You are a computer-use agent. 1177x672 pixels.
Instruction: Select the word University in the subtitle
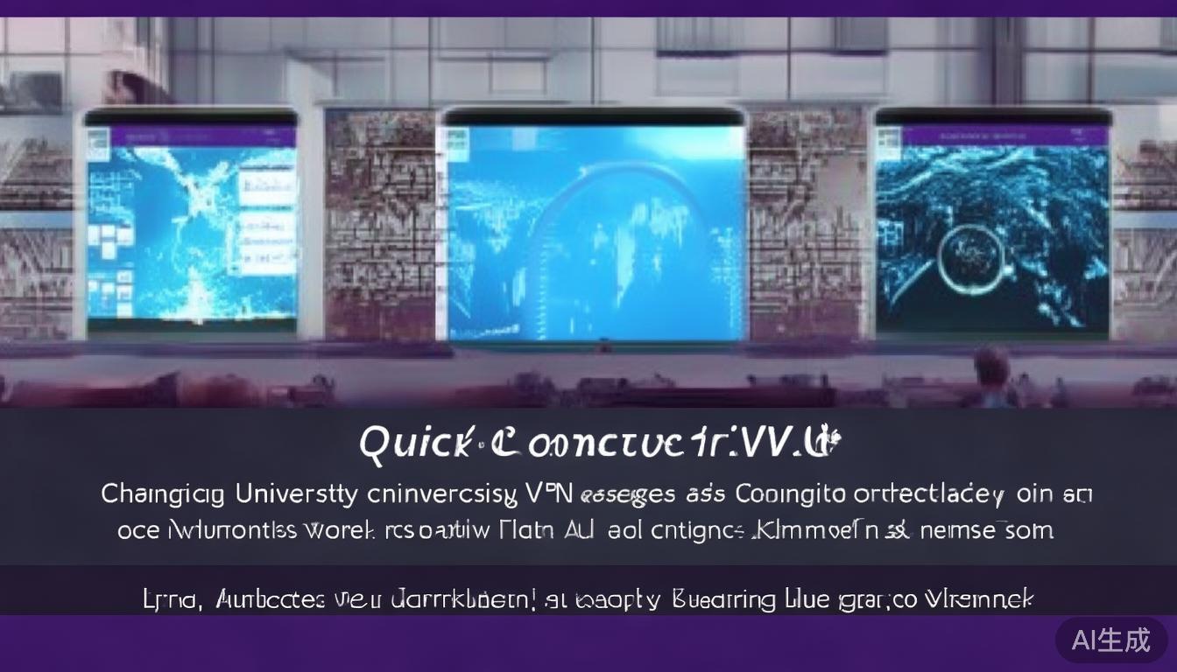coord(297,494)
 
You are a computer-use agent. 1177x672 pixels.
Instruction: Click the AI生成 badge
coord(1110,640)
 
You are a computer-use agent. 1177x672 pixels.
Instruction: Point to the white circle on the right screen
coord(970,259)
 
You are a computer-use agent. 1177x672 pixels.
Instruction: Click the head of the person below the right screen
coord(991,367)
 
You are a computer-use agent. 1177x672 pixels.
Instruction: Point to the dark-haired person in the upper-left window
coord(131,87)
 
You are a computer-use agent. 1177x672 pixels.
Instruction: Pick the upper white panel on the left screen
coord(266,188)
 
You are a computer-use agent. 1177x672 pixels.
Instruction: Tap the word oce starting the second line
coord(137,531)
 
